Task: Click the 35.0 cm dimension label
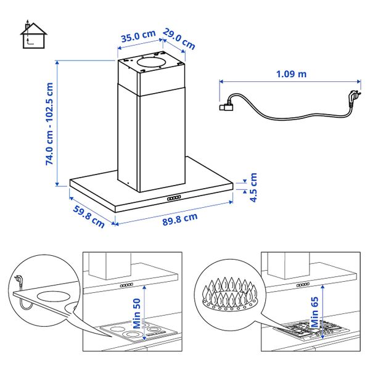pos(139,36)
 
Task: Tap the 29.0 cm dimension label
pos(179,39)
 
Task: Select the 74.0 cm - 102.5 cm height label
pos(49,124)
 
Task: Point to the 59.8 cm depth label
pos(89,216)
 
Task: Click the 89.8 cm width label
pos(180,220)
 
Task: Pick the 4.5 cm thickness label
pos(253,187)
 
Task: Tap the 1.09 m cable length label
pos(292,74)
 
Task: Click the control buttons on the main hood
pos(174,198)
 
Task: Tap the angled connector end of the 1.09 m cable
pos(226,105)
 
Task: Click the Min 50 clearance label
pos(137,314)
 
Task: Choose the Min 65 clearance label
pos(314,311)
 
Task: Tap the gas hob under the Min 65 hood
pos(311,329)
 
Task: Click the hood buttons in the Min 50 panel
pos(126,286)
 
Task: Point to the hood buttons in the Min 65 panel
pos(303,284)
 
